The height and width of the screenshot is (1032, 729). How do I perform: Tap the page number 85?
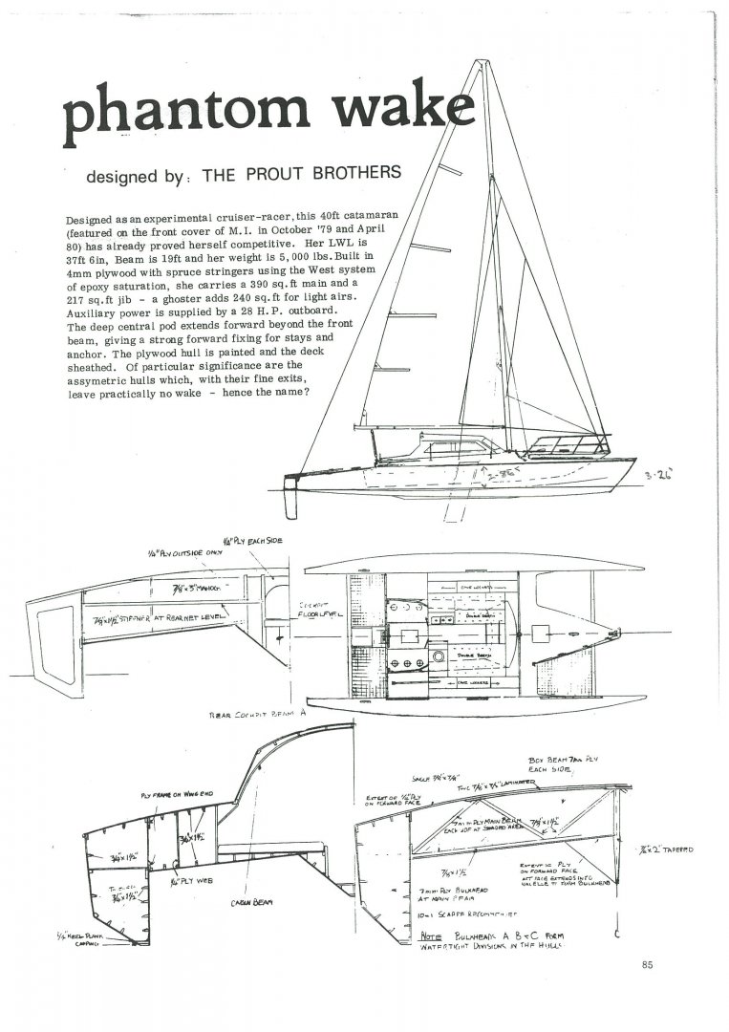648,964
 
